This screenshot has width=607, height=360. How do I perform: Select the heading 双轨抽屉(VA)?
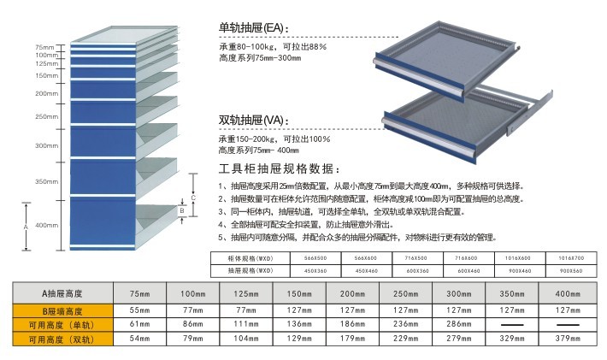click(x=255, y=120)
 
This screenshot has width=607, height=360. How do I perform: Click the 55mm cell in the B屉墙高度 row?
click(x=139, y=311)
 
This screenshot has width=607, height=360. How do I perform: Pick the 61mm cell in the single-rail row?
click(x=139, y=325)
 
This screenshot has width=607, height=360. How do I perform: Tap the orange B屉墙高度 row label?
click(x=62, y=311)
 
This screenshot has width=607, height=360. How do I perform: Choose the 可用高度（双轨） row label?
click(x=62, y=339)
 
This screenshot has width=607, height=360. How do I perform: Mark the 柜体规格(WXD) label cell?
click(x=250, y=257)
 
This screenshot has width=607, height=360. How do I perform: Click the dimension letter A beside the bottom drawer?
click(x=27, y=226)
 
